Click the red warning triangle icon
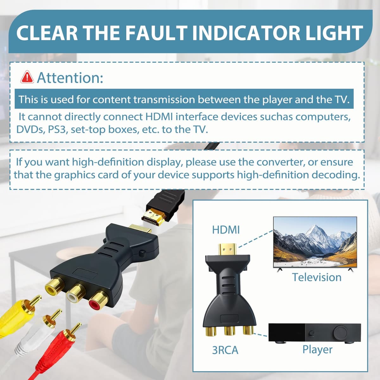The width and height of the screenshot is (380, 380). (x=27, y=77)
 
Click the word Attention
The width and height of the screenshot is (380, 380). (x=70, y=78)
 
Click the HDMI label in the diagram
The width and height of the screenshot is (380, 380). (x=226, y=230)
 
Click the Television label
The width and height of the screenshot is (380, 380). (x=317, y=277)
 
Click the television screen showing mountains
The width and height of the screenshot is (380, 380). (x=315, y=242)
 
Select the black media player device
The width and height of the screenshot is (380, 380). (x=315, y=333)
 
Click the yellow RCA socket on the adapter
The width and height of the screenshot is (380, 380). (x=54, y=286)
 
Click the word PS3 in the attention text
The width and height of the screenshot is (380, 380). (x=57, y=130)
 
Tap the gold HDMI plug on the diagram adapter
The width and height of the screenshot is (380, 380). (x=227, y=249)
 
